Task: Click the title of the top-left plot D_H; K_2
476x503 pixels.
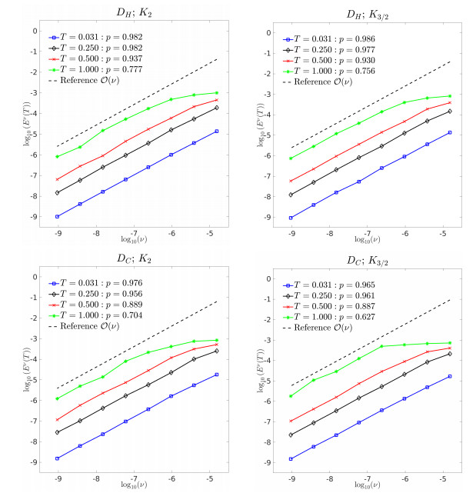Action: pos(135,11)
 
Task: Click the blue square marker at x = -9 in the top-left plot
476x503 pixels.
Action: pos(58,217)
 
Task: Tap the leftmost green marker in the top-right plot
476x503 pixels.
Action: pos(291,158)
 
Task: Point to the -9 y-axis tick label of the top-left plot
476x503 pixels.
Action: pos(34,218)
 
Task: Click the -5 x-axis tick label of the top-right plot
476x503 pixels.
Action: pos(442,230)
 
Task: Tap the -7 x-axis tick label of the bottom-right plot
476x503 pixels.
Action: pos(368,476)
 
